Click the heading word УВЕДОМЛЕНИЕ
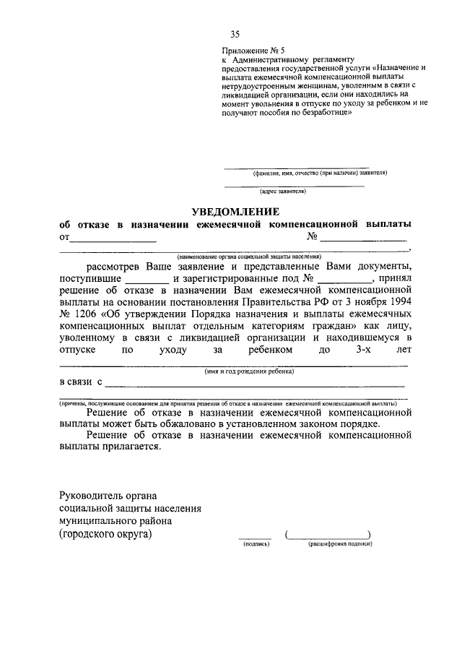235,211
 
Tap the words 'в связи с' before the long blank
81,382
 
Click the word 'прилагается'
135,447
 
